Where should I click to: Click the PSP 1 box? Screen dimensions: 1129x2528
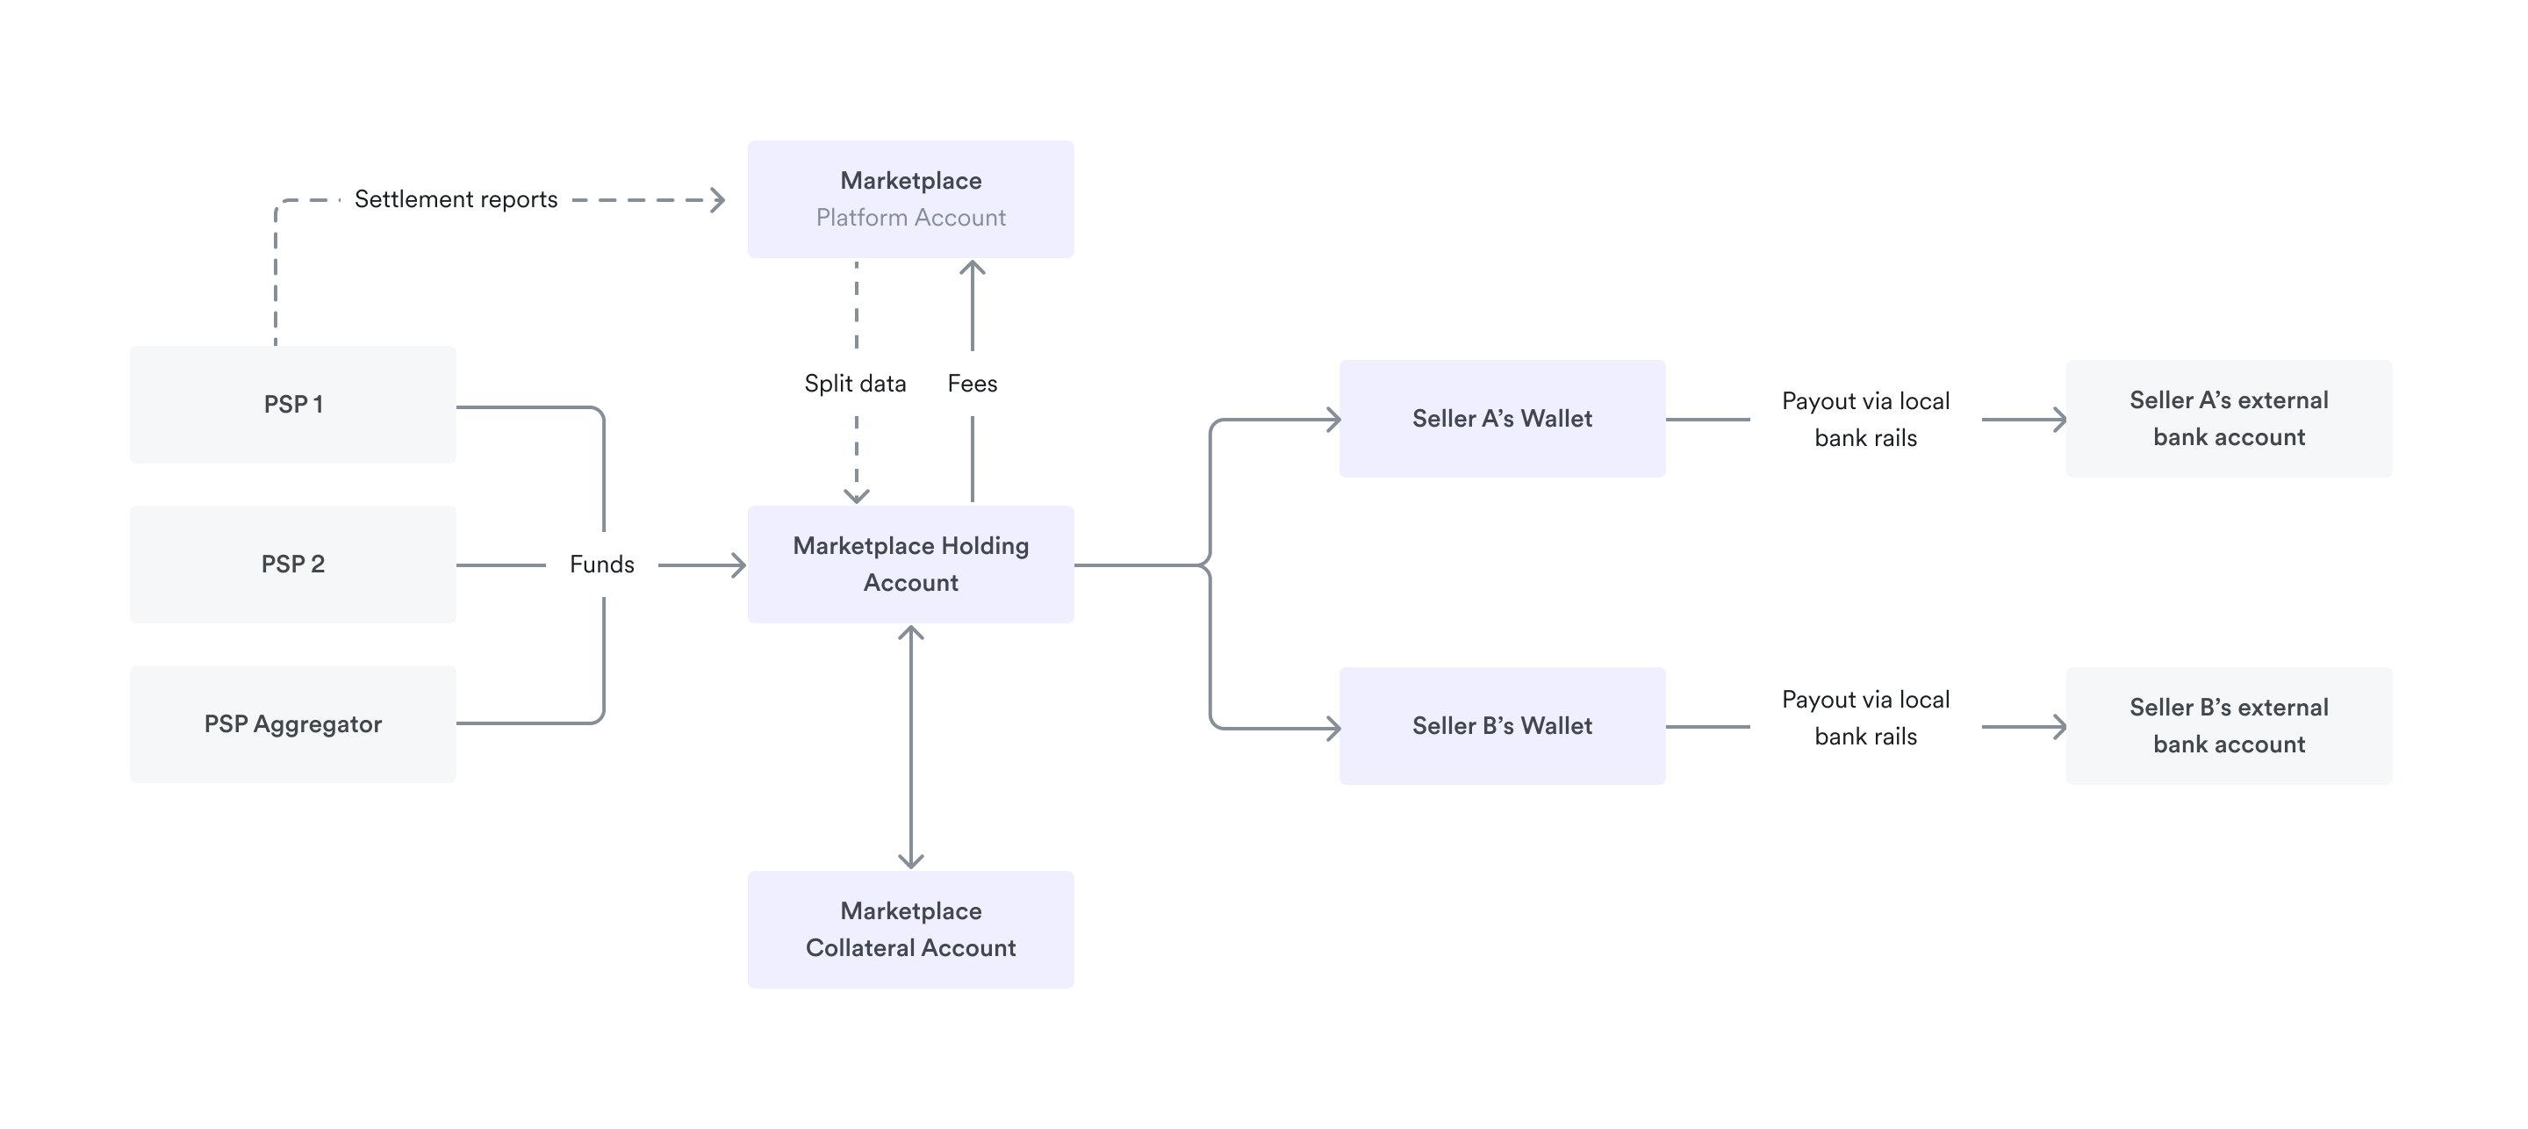click(x=292, y=404)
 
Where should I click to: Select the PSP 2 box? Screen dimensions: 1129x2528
click(x=292, y=564)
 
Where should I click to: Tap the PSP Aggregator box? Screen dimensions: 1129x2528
click(x=292, y=723)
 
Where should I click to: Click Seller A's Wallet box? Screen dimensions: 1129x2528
click(x=1502, y=418)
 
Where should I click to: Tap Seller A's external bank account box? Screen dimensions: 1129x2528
click(x=2228, y=418)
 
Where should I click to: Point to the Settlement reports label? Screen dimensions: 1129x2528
click(x=456, y=199)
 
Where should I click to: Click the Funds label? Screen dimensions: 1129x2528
click(x=601, y=564)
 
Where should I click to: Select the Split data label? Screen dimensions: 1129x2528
click(x=855, y=383)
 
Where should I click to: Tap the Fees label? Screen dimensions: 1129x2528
click(x=972, y=383)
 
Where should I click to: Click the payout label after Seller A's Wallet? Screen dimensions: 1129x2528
click(x=1864, y=419)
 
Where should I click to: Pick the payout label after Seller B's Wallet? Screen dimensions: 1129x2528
click(x=1864, y=717)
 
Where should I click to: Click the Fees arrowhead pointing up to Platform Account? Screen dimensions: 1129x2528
click(x=972, y=267)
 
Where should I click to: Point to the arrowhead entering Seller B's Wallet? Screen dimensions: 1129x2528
click(x=1333, y=728)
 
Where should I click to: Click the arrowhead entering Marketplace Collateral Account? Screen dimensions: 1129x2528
click(x=911, y=861)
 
